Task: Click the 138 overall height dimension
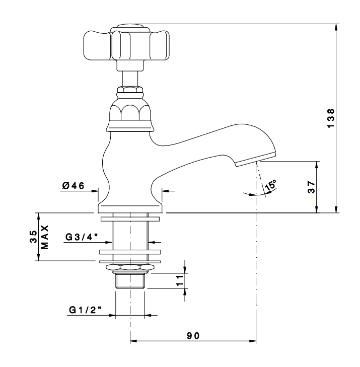click(331, 118)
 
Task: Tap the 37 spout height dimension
click(312, 187)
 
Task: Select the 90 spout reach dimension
click(193, 336)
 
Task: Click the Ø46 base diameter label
click(73, 186)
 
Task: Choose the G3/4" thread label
click(81, 237)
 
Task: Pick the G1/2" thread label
click(85, 310)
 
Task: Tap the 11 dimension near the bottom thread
click(179, 280)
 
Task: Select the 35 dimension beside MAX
click(33, 237)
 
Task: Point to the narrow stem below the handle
click(130, 79)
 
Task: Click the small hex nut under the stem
click(130, 90)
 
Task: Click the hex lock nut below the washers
click(130, 267)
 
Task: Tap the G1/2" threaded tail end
click(130, 281)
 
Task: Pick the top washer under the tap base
click(130, 219)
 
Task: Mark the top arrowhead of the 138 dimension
click(336, 27)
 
